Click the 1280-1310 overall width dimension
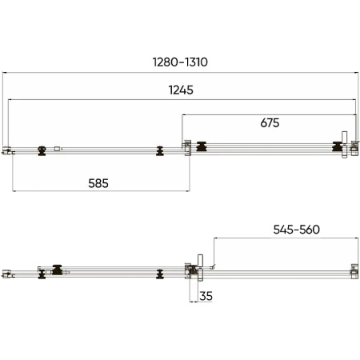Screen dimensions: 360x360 180,62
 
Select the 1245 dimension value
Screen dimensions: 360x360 181,90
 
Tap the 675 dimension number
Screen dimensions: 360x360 270,123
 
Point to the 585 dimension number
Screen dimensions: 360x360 98,183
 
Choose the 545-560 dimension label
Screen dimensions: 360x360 297,230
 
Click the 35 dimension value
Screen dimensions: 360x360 206,296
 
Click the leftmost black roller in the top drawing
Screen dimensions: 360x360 42,150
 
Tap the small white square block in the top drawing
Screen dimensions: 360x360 58,149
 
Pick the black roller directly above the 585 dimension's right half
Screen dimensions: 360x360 160,150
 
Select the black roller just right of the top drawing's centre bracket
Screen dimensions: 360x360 202,146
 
